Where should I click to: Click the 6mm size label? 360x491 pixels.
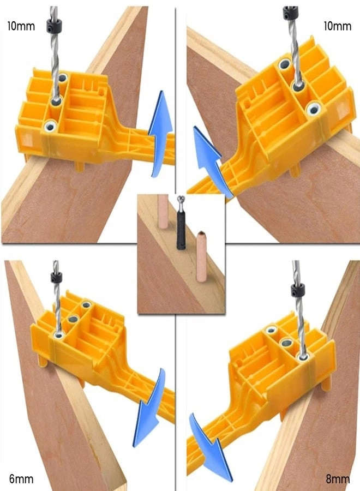point(20,480)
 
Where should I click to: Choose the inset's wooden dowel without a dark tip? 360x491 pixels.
point(164,215)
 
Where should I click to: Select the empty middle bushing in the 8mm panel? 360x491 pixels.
point(286,343)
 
